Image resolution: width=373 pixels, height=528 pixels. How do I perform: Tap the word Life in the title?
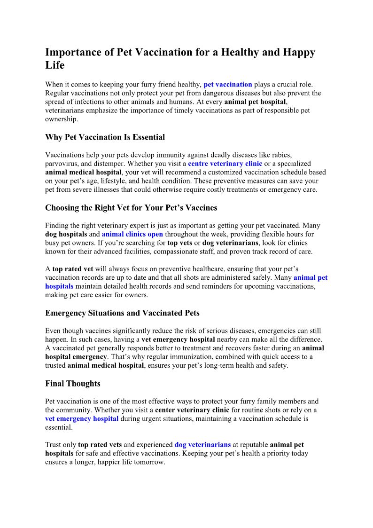(x=54, y=65)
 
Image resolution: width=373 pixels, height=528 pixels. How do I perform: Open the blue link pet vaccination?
(x=228, y=85)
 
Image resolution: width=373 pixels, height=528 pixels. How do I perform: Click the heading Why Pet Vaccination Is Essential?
(x=105, y=137)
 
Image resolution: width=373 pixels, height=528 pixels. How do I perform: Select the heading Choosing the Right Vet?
(x=131, y=208)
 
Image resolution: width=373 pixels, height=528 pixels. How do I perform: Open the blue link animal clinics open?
(x=132, y=234)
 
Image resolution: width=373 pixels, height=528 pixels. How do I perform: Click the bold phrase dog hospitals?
(x=66, y=234)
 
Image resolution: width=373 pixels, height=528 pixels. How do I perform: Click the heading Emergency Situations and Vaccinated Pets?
(x=122, y=313)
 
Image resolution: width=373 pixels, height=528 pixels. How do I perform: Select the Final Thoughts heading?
(x=73, y=384)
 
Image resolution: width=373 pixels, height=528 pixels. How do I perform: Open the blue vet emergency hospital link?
(x=82, y=419)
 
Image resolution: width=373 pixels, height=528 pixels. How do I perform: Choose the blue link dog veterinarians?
(x=202, y=445)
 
